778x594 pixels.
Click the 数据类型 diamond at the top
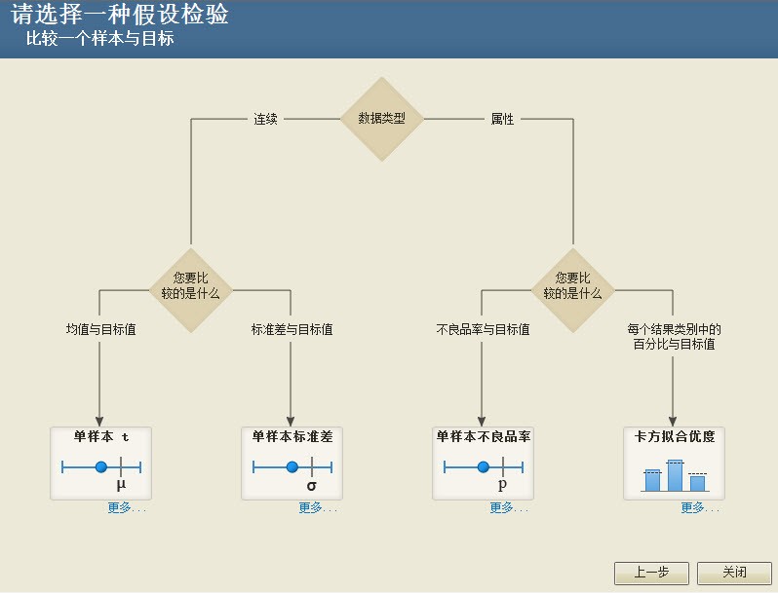381,119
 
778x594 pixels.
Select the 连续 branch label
265,119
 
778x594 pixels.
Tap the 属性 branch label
502,119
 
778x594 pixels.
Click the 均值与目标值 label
100,329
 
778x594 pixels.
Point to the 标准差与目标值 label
292,329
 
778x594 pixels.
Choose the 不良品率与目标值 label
483,329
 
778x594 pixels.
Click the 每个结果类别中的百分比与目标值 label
674,336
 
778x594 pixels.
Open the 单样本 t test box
100,464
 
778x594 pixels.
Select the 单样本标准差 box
292,464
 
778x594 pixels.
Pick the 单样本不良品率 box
483,464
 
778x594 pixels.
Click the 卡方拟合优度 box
674,464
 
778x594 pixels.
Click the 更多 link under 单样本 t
127,507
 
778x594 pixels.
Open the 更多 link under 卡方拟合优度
700,507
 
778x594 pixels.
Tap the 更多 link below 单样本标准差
318,507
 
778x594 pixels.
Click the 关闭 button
734,573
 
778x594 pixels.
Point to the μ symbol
121,485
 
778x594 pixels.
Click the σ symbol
312,486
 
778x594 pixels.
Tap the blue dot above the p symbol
484,466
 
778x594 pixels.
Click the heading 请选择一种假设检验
120,14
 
